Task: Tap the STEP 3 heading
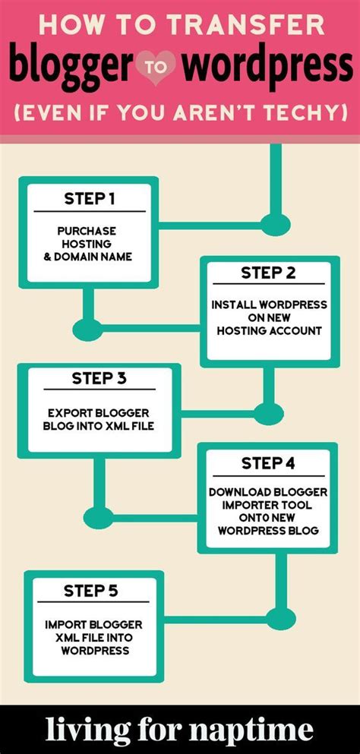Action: coord(99,378)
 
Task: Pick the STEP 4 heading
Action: coord(268,462)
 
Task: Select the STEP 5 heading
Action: coord(90,590)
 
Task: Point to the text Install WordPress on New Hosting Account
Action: coord(270,317)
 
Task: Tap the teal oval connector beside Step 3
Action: coord(267,414)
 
